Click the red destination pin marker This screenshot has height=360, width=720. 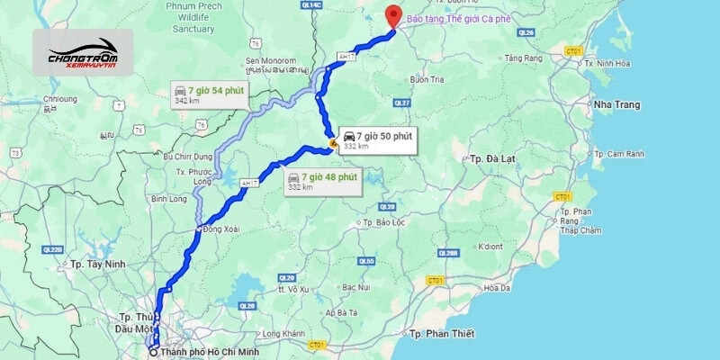click(392, 16)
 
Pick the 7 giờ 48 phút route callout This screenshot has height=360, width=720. click(321, 181)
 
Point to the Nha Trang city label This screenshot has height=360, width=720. click(616, 104)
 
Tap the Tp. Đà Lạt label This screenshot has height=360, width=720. click(492, 157)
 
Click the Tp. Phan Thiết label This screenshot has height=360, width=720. click(440, 334)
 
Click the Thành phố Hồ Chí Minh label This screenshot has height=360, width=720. click(206, 351)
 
